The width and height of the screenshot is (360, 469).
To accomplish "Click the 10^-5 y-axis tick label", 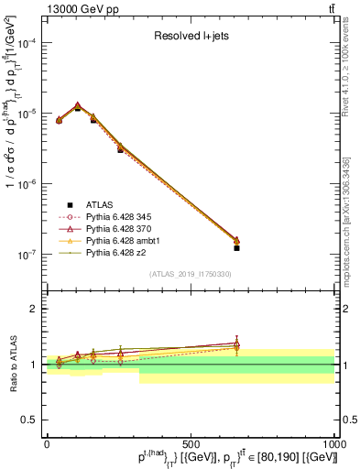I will pyautogui.click(x=26, y=113).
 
